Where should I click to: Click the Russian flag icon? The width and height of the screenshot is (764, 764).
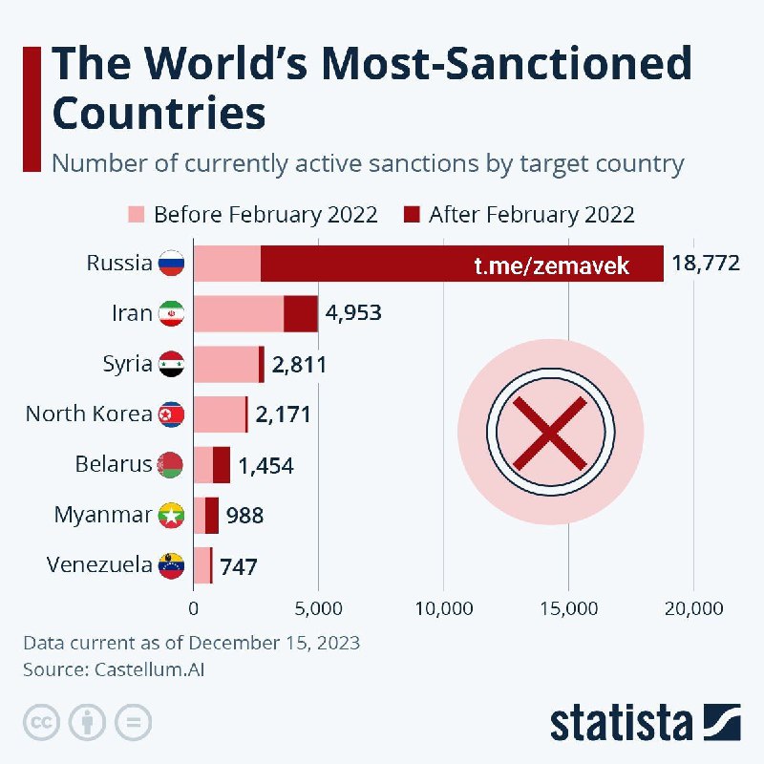171,263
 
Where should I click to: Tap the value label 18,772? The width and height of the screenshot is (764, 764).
706,263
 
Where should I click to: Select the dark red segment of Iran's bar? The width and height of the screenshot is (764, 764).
301,313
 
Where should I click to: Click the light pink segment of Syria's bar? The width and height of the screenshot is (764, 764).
226,364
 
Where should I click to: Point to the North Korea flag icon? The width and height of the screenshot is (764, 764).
171,414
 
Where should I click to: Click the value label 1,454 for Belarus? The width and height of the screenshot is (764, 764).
265,465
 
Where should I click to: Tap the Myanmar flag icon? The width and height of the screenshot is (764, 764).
171,516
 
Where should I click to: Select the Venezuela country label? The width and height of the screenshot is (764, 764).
99,565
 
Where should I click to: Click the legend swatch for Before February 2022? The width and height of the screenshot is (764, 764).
136,214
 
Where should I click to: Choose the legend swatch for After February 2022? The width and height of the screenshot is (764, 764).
412,214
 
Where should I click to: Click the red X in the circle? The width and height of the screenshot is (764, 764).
550,433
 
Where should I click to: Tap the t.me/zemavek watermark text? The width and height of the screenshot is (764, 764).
552,265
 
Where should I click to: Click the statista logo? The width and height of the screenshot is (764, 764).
645,721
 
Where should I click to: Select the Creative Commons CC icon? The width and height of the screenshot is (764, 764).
42,721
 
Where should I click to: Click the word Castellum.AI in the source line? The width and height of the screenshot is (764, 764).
150,669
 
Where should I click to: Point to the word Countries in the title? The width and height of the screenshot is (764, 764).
159,113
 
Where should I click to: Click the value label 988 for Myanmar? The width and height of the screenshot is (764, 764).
244,516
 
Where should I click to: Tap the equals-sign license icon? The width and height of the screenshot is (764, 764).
134,721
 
